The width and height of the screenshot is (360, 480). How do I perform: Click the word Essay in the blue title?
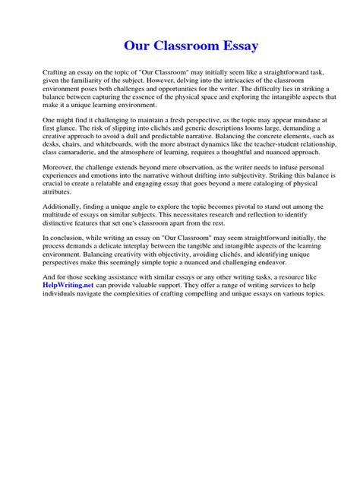point(236,46)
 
